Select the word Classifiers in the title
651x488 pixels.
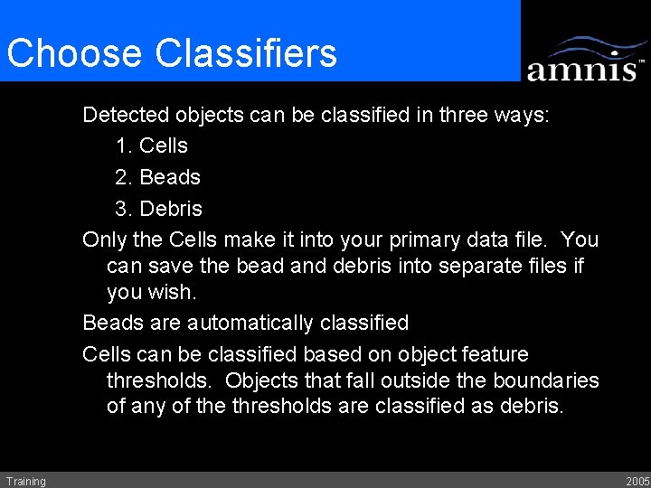click(246, 53)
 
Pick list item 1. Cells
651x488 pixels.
click(152, 145)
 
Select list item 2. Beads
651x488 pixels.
click(157, 177)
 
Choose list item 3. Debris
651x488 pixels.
click(159, 209)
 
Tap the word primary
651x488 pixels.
click(429, 240)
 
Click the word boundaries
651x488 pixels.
click(546, 380)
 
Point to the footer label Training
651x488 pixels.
click(25, 481)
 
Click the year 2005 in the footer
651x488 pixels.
click(636, 481)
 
